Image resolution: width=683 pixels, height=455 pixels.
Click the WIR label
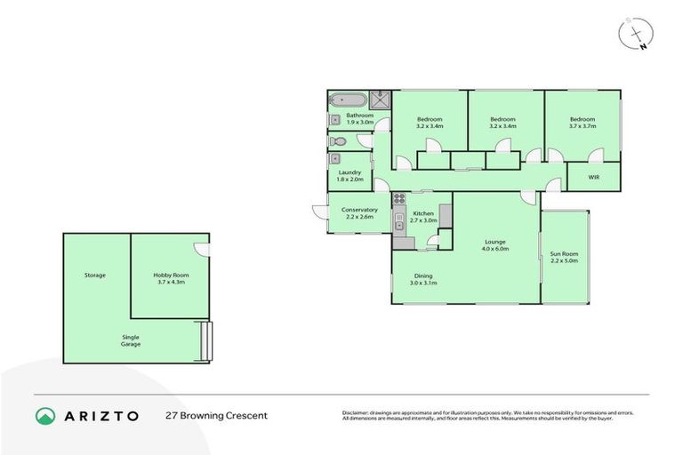(x=593, y=177)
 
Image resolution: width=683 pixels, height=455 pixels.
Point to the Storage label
(x=95, y=275)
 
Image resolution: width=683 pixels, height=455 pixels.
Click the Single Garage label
(x=132, y=340)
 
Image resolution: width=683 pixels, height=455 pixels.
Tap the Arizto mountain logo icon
(x=45, y=416)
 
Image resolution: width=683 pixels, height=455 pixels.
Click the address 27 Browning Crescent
(x=216, y=416)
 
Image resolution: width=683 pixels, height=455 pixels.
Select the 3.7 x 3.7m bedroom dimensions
(x=583, y=126)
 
